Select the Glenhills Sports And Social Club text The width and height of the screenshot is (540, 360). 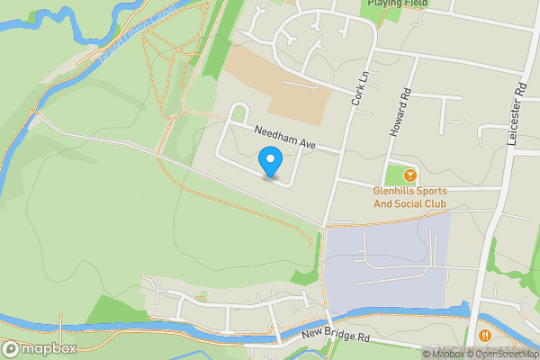click(410, 196)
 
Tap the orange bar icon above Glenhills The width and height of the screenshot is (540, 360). click(410, 174)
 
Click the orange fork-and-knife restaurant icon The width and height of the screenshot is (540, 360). click(485, 335)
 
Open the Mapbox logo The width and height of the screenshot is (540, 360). click(39, 348)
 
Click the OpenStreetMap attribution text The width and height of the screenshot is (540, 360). click(502, 354)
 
